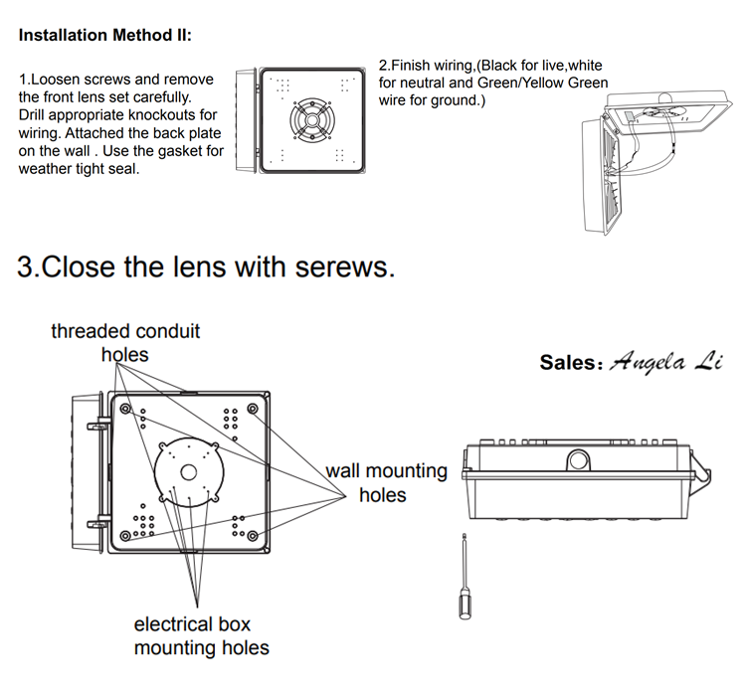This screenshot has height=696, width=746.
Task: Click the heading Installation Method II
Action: point(104,36)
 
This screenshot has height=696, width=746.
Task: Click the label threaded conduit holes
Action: point(125,341)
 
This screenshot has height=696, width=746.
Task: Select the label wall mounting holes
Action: point(386,481)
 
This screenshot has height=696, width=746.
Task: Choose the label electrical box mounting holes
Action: point(201,636)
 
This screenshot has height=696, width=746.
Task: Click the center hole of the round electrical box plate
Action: point(189,471)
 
